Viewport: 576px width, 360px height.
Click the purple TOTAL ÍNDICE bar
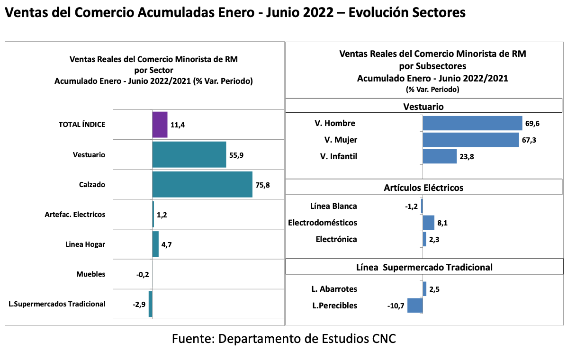pos(160,125)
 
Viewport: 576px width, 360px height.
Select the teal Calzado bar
pos(202,184)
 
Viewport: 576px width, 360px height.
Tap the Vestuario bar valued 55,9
pos(189,154)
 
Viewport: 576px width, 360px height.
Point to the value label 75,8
pos(262,185)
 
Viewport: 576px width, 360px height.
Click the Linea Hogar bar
pos(155,244)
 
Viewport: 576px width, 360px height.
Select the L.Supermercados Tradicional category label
pos(57,304)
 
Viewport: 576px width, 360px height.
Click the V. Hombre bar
pos(472,124)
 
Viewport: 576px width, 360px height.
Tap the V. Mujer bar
pos(470,140)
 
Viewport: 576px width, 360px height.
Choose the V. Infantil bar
pos(440,156)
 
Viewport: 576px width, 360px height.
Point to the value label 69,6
pos(532,124)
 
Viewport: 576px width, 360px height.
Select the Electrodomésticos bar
pos(428,223)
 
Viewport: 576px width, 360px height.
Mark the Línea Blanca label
pos(333,206)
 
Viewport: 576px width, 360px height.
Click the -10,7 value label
pos(396,306)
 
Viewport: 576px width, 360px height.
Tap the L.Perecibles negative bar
pos(415,306)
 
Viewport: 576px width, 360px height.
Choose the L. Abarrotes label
pos(334,289)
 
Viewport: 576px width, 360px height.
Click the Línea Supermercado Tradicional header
pos(424,267)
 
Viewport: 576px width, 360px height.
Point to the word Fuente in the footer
pos(192,339)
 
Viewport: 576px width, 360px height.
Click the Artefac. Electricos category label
pos(75,215)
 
